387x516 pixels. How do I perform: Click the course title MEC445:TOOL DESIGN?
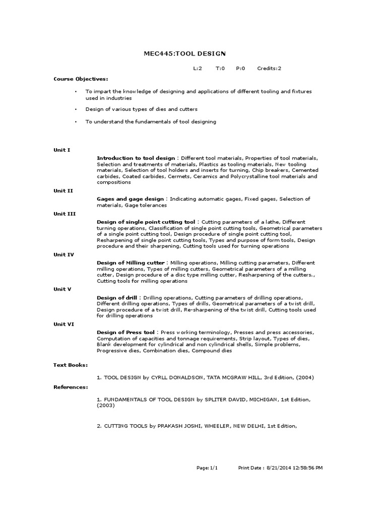(186, 54)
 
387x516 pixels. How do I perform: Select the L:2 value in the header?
(198, 69)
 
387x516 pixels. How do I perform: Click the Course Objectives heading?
(81, 79)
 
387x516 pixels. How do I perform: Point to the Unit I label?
(62, 150)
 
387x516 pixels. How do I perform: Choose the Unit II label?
(63, 190)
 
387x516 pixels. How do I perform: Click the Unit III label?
(64, 214)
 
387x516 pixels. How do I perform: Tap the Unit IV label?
(64, 254)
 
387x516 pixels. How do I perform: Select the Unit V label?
(62, 289)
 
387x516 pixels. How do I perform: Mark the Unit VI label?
(64, 324)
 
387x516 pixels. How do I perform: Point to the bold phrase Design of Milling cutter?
(131, 263)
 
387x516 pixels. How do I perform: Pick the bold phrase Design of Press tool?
(126, 333)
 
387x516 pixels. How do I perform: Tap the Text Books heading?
(71, 364)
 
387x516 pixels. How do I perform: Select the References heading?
(71, 387)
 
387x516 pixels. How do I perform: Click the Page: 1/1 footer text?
(207, 468)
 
